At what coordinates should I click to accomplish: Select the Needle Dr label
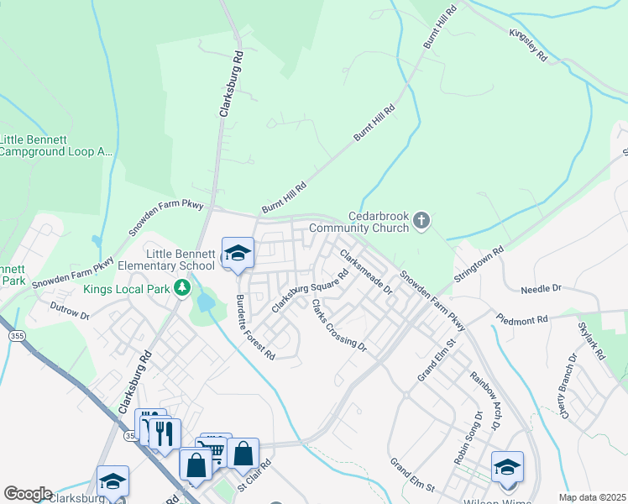pyautogui.click(x=541, y=289)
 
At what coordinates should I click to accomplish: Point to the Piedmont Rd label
pyautogui.click(x=521, y=320)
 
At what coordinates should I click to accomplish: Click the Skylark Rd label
pyautogui.click(x=591, y=339)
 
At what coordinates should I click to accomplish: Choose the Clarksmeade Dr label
pyautogui.click(x=366, y=270)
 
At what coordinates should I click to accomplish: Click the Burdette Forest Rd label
pyautogui.click(x=255, y=327)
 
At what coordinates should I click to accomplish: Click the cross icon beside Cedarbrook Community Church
pyautogui.click(x=421, y=220)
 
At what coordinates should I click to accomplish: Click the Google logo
pyautogui.click(x=28, y=493)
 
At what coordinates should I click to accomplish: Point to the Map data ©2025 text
pyautogui.click(x=591, y=497)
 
